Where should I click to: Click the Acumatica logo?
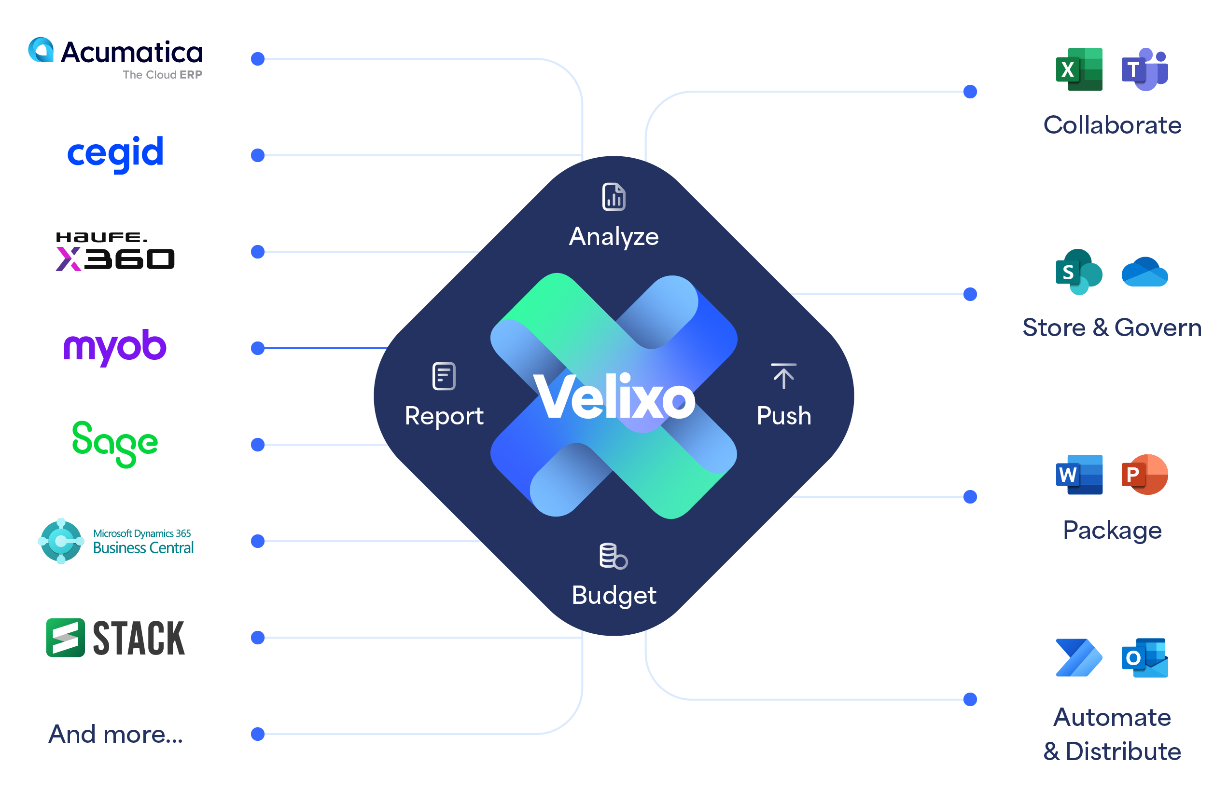116,57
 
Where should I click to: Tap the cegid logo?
116,152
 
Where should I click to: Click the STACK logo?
116,638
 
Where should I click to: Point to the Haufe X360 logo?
115,252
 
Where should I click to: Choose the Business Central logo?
116,541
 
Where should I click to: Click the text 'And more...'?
116,734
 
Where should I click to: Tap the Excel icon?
1079,69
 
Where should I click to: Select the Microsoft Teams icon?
1144,69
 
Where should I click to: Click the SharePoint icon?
1079,272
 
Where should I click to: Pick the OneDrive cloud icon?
1144,272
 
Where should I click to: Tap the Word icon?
1079,475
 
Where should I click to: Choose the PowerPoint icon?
1144,475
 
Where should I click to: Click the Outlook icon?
1144,658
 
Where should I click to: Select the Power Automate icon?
1079,658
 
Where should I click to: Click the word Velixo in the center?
614,396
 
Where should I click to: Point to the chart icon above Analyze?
614,197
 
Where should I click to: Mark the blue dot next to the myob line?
258,348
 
